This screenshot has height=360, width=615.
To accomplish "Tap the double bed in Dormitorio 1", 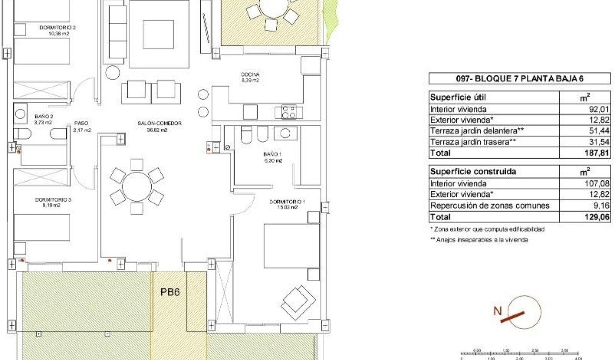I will [291, 246].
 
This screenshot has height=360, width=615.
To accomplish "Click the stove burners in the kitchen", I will [288, 113].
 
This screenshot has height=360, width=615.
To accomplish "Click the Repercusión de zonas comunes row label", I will [490, 206].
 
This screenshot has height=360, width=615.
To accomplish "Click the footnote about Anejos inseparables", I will [479, 240].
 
